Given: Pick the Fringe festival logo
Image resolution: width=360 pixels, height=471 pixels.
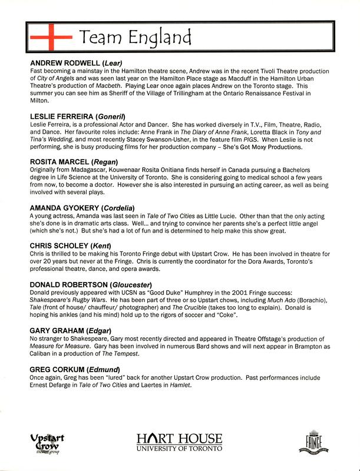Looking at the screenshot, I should pos(311,442).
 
